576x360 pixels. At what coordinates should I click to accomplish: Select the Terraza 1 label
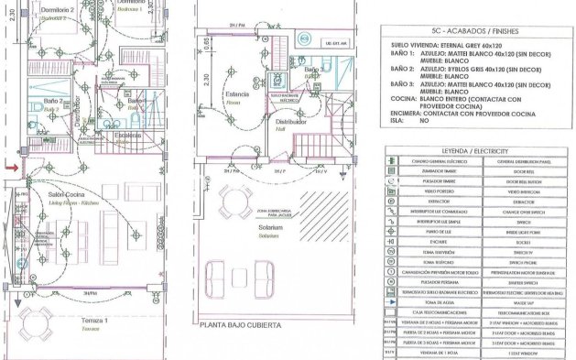(92, 320)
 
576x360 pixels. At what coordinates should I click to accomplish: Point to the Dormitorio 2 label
(32, 10)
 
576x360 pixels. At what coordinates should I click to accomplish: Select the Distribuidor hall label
(291, 121)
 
